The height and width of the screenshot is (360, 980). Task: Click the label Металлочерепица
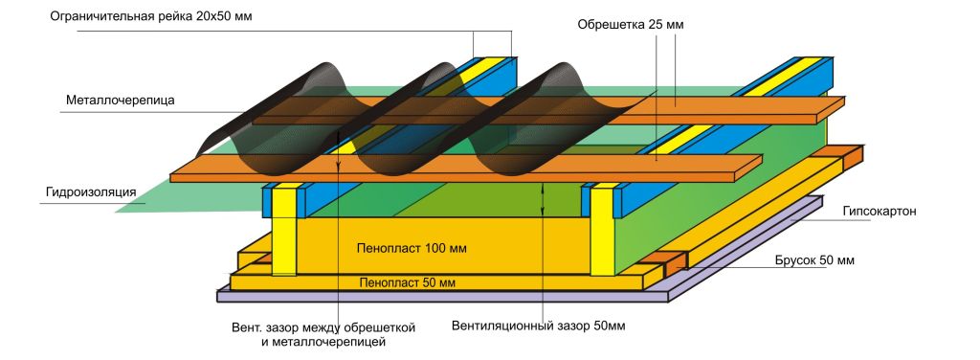[121, 100]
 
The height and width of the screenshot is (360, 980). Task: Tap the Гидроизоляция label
[91, 191]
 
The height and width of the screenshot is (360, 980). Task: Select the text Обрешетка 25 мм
[631, 26]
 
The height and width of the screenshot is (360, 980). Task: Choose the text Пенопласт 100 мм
[412, 249]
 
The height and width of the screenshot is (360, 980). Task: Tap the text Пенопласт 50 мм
[408, 283]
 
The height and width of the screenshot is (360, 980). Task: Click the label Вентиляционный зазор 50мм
[538, 326]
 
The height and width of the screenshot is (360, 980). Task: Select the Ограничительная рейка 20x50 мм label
[151, 16]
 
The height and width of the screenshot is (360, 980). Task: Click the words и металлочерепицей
[323, 342]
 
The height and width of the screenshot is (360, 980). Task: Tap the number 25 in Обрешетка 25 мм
[655, 26]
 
